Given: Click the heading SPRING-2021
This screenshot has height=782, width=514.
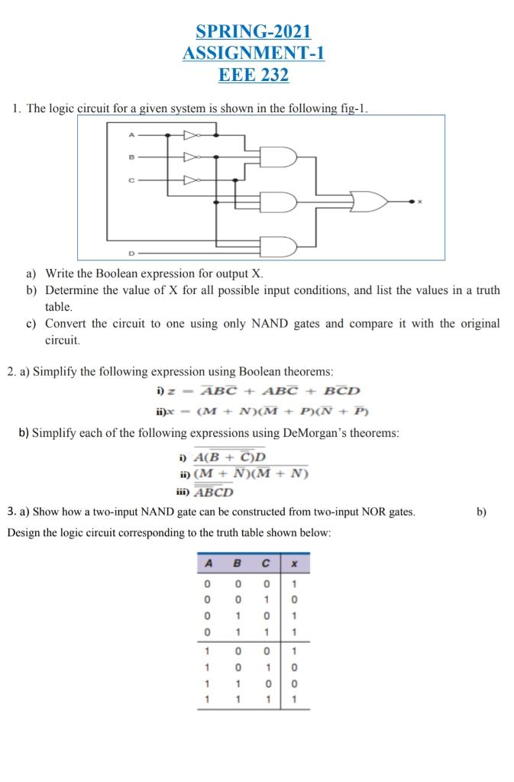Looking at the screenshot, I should tap(254, 31).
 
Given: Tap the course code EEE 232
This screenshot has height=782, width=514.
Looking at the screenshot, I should tap(254, 74).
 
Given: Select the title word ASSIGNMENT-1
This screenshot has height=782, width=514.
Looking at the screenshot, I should tap(254, 53).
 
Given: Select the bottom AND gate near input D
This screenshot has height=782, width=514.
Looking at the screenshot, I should tap(278, 247).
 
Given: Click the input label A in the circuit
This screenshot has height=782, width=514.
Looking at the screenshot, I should tap(131, 135).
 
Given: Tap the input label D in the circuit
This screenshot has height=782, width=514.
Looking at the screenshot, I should tap(131, 253).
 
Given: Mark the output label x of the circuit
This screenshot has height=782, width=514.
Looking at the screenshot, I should tap(419, 202).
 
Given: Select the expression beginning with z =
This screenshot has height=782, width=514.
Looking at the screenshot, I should tap(257, 391).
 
